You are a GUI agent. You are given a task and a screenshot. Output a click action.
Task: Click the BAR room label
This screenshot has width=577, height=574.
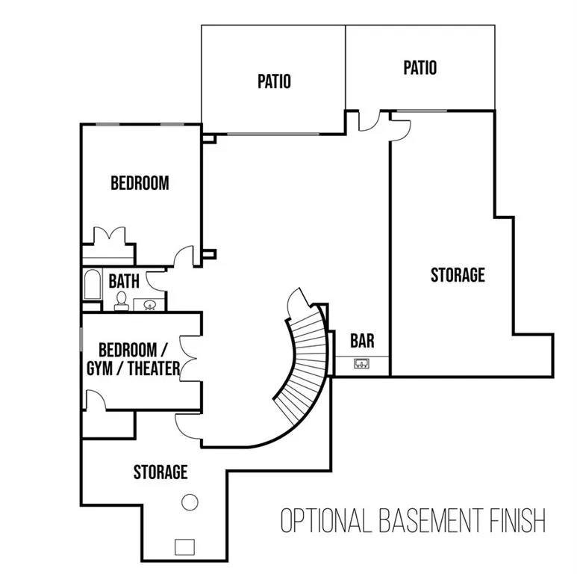click(x=362, y=341)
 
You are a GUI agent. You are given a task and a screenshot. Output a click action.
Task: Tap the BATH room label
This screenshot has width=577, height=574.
click(x=124, y=281)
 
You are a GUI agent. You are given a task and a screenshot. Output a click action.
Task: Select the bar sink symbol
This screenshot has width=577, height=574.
click(x=362, y=364)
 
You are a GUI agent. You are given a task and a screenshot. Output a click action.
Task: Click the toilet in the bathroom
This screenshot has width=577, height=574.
click(x=122, y=300)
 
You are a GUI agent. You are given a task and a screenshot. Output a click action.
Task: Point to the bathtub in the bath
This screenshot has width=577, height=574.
click(x=93, y=284)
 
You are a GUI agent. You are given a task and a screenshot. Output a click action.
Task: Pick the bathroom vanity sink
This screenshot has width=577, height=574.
click(x=149, y=305)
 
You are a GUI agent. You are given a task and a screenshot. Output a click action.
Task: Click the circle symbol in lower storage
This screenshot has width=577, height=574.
click(x=190, y=502)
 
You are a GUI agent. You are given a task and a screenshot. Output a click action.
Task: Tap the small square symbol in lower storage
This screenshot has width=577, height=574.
click(x=184, y=547)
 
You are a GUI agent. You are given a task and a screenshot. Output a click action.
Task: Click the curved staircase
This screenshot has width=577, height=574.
click(x=302, y=365)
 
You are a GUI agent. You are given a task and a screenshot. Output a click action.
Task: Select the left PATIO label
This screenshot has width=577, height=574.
click(x=274, y=81)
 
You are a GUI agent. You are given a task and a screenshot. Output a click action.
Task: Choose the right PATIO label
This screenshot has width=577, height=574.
click(x=420, y=68)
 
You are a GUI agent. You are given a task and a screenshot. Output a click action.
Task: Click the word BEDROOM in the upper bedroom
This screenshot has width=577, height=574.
click(x=140, y=183)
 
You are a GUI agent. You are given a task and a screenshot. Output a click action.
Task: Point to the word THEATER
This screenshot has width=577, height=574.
click(x=154, y=368)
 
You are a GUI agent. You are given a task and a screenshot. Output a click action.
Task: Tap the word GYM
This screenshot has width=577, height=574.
click(x=99, y=368)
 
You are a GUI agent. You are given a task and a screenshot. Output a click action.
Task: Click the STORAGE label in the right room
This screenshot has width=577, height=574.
click(x=458, y=275)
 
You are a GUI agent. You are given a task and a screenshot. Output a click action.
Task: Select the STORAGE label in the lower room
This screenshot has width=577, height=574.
click(x=160, y=472)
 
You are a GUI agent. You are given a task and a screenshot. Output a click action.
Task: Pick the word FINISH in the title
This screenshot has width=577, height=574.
click(x=517, y=520)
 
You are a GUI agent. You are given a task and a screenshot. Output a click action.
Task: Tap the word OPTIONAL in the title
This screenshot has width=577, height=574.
click(x=325, y=520)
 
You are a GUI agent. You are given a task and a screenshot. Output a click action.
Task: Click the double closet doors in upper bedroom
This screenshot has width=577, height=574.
click(x=109, y=235)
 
